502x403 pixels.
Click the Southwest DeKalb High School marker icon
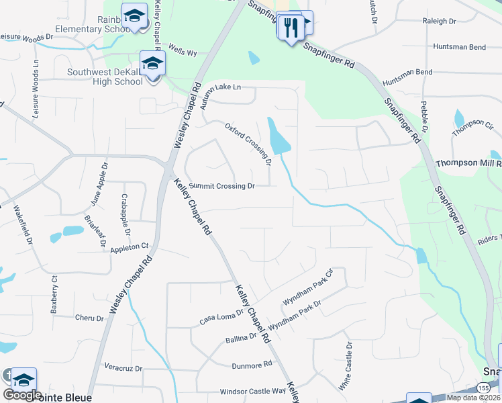(x=152, y=64)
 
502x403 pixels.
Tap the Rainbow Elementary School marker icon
(x=134, y=15)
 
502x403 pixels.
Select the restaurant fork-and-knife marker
(x=290, y=28)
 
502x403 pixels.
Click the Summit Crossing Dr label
(x=222, y=186)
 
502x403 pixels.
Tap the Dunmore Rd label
(x=252, y=364)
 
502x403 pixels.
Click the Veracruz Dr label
(x=124, y=368)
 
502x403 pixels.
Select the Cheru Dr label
(x=89, y=318)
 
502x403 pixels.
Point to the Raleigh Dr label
(x=440, y=21)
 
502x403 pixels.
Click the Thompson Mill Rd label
(x=468, y=163)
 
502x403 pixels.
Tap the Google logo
(x=23, y=395)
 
